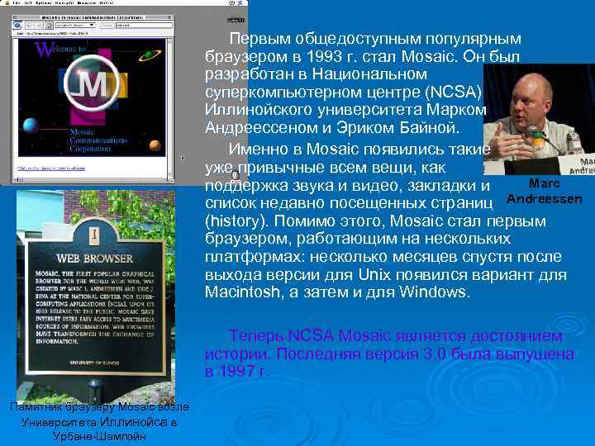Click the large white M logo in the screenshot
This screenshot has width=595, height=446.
[x=93, y=85]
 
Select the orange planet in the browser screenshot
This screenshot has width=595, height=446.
[x=156, y=146]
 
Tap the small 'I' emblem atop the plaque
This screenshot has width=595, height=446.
[x=94, y=235]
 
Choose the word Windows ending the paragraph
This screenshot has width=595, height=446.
[x=433, y=292]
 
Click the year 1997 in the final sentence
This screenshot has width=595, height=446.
[x=240, y=372]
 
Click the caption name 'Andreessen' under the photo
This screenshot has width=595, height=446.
[x=545, y=199]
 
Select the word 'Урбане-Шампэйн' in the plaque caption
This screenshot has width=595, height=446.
[x=98, y=435]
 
